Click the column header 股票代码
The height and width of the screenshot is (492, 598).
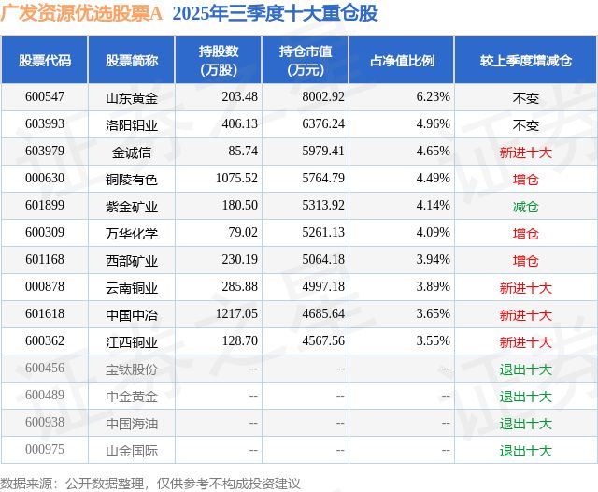(45, 60)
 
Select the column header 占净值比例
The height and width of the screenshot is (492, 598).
(408, 60)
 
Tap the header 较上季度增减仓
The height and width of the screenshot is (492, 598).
(525, 60)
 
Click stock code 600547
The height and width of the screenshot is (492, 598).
(45, 96)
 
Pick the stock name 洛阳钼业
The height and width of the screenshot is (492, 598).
(132, 123)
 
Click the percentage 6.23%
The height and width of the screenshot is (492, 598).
(433, 96)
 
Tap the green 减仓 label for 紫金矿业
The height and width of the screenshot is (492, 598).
(525, 206)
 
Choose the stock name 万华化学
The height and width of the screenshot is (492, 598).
(132, 233)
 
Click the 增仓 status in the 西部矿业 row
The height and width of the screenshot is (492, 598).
(525, 260)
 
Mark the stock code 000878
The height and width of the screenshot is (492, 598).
(45, 288)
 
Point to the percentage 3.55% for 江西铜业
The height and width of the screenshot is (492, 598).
(433, 342)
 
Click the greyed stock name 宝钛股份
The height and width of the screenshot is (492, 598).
(132, 369)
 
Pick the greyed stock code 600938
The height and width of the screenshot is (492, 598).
(45, 424)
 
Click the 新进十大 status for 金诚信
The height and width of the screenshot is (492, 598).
(525, 151)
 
